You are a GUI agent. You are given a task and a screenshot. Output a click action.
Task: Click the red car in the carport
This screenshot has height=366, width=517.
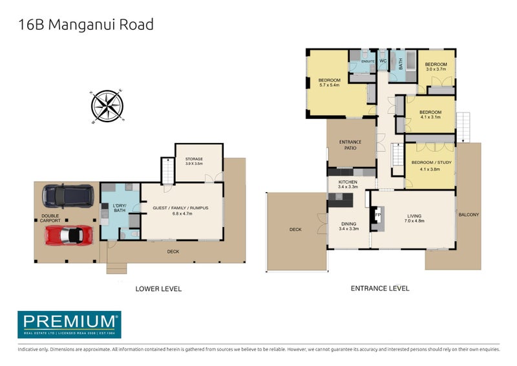click(x=69, y=235)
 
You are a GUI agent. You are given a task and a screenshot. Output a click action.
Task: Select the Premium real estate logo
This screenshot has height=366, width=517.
click(x=69, y=324)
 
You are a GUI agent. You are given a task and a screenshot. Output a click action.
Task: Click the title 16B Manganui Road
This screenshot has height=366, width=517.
click(x=85, y=25)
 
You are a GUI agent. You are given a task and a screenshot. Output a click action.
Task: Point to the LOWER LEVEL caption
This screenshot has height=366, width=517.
click(x=158, y=288)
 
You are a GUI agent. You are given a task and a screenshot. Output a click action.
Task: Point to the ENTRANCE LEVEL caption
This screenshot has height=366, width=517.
click(x=380, y=288)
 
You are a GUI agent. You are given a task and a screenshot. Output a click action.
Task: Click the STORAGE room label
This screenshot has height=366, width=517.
click(x=194, y=161)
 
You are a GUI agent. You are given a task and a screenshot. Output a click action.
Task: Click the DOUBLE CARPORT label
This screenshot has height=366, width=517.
click(x=50, y=219)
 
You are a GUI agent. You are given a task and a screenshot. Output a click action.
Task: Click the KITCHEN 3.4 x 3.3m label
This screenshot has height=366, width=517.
click(x=348, y=185)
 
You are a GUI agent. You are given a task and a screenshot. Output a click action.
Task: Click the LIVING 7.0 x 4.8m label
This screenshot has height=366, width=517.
click(x=413, y=220)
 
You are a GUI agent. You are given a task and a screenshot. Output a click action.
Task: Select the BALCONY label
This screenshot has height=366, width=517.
click(x=469, y=215)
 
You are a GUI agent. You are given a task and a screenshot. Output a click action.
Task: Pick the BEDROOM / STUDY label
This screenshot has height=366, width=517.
click(x=430, y=165)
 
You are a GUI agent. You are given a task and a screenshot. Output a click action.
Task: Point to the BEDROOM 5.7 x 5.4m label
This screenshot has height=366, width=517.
click(x=330, y=82)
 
